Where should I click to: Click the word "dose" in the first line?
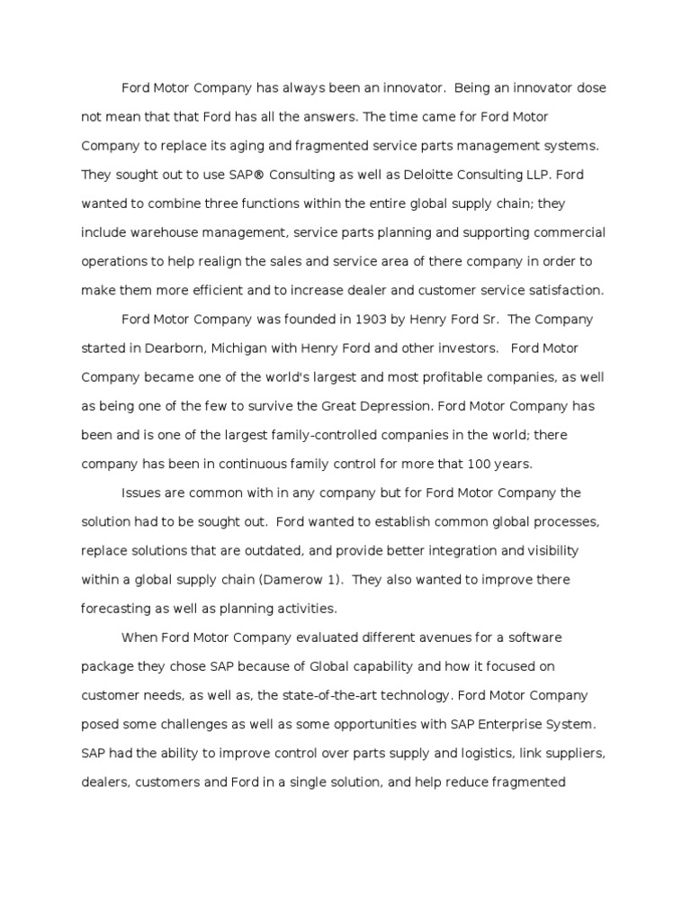[589, 87]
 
